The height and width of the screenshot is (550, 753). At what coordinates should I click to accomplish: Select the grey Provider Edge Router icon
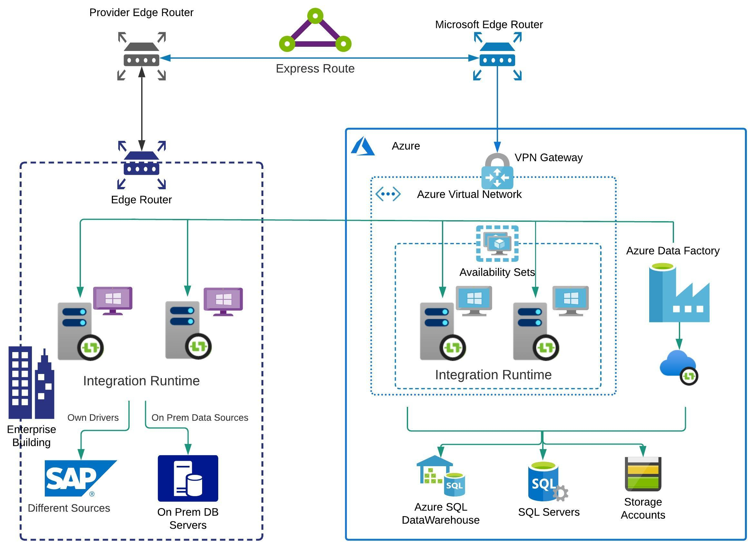click(142, 56)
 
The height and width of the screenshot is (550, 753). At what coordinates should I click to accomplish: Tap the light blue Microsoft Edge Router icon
click(497, 56)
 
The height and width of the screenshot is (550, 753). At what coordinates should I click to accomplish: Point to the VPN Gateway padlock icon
click(497, 171)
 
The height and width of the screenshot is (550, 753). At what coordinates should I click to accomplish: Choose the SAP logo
click(80, 478)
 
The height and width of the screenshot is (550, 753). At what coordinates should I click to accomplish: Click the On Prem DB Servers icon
click(188, 478)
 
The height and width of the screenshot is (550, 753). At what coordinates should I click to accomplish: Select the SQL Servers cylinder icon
click(546, 481)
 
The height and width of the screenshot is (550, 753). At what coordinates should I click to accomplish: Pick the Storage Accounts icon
click(643, 474)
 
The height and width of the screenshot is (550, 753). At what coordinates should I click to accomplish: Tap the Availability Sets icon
click(497, 244)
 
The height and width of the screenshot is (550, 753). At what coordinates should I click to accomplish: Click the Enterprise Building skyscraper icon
click(31, 383)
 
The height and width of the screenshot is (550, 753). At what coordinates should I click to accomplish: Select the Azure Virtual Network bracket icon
click(388, 194)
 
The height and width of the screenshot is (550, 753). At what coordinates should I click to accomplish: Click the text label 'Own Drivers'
click(93, 417)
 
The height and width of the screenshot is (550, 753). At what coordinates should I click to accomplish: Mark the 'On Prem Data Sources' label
click(200, 417)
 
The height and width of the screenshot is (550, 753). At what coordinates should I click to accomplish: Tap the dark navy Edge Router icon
click(142, 165)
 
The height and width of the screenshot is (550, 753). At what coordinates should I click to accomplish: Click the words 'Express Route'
click(315, 69)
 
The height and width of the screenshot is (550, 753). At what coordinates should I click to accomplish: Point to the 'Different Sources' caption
click(69, 508)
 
